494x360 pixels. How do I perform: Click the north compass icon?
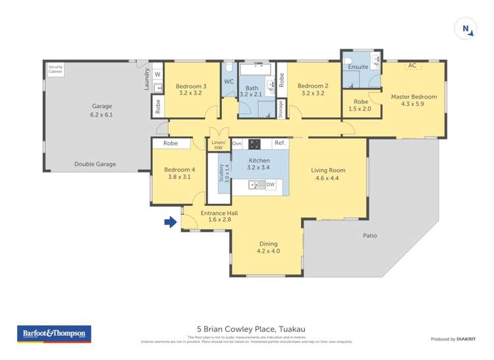coord(466,28)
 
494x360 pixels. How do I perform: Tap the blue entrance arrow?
coord(170,222)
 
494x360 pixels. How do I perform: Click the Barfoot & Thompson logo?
coord(54,334)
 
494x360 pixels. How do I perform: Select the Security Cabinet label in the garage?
coord(55,69)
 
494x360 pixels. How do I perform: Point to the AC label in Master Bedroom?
coord(412,66)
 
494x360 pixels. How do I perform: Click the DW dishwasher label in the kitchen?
coord(269,186)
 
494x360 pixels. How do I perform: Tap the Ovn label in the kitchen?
coord(237,143)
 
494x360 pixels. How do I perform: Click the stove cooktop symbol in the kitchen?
coord(254,143)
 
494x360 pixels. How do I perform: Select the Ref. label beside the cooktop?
coord(279,143)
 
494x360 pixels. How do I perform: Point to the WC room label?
coord(229,82)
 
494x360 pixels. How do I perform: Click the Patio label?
coord(370,235)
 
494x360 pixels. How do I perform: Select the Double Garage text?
coord(96,164)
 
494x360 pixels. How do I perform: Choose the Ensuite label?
coord(358,67)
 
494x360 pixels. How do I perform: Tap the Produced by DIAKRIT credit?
coord(452,339)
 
